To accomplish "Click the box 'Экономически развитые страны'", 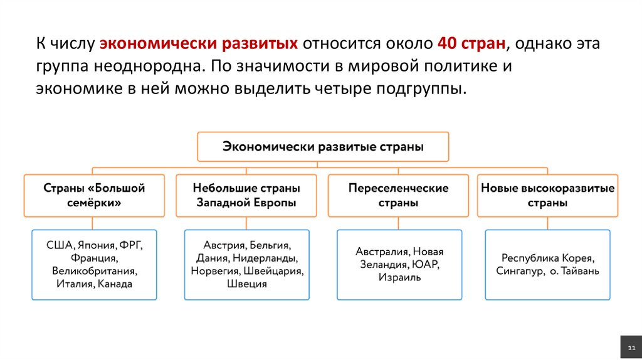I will tap(323, 147).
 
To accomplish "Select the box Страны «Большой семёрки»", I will tap(94, 196).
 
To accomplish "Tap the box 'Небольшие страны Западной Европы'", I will tap(246, 196).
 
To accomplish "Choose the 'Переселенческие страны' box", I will tap(398, 196).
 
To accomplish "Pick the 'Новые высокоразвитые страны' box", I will tap(547, 196).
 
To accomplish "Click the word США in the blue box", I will tap(59, 245).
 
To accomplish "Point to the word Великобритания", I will tap(94, 271).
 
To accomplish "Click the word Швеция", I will tap(246, 284).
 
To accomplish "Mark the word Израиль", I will tap(399, 277).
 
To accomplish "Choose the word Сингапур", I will tap(519, 271).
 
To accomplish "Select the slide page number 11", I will tap(631, 347).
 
